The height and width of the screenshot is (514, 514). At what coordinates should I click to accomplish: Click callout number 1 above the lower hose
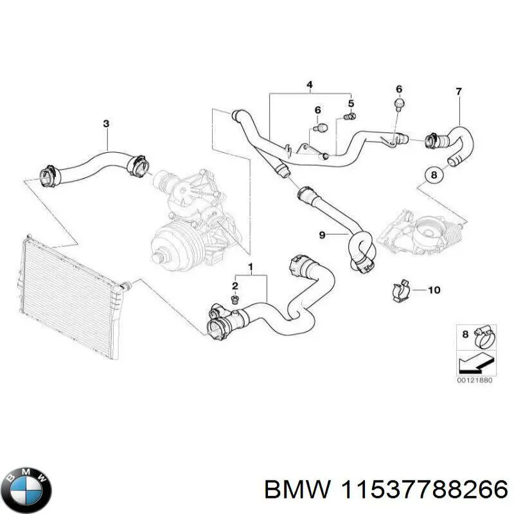[251, 266]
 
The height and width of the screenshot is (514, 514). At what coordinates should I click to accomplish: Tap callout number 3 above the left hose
[107, 123]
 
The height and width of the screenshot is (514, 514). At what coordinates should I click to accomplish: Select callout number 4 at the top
[309, 85]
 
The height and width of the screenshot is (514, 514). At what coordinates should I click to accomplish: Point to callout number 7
[459, 92]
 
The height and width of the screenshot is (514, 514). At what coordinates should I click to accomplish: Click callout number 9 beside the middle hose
[323, 235]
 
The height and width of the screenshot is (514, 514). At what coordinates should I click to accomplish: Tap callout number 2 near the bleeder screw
[235, 286]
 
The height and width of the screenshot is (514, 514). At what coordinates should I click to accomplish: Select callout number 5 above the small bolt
[351, 103]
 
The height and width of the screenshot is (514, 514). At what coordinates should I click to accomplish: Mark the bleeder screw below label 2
[235, 299]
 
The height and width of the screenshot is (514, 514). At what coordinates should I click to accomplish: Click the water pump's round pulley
[170, 247]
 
